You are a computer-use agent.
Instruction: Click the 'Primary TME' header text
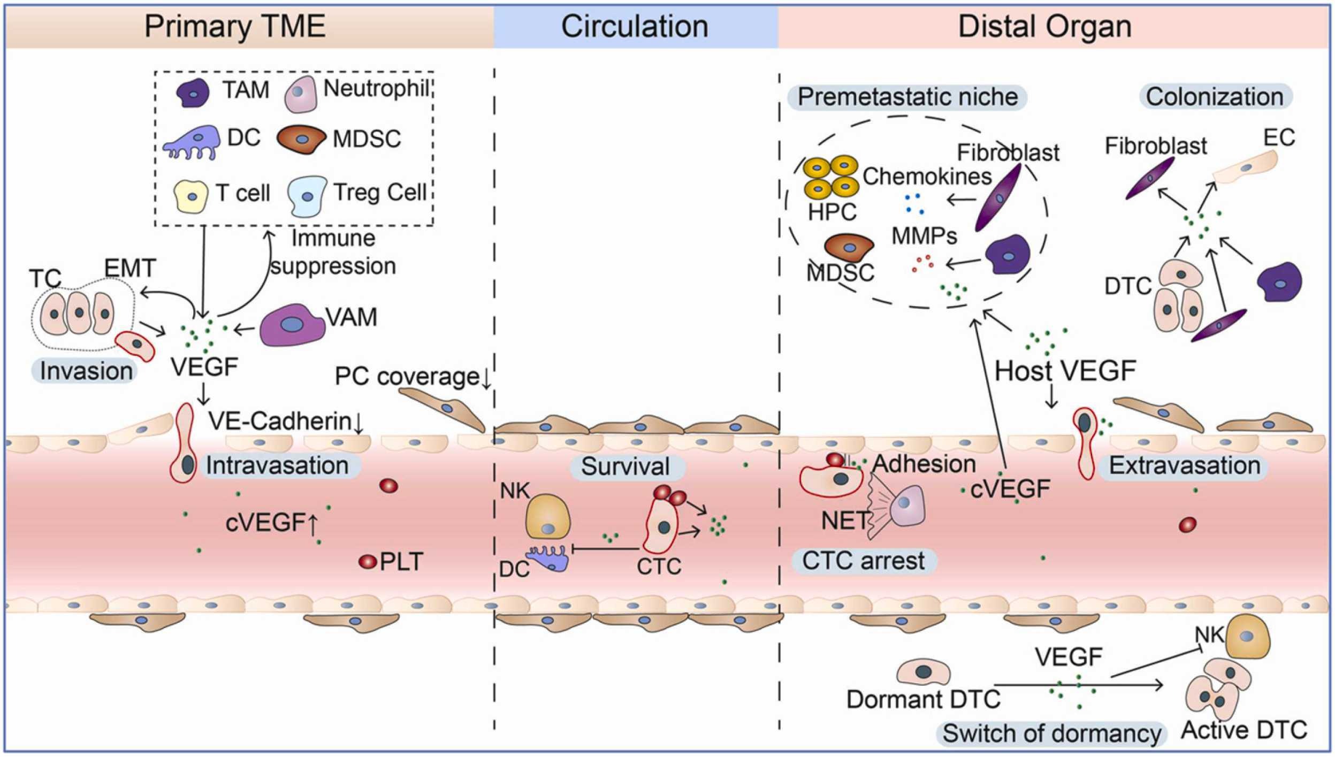(x=235, y=26)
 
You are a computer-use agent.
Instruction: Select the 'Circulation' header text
(x=635, y=26)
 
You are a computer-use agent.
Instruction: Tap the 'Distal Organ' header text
(x=1044, y=26)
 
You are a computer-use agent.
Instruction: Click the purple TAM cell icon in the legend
(x=193, y=93)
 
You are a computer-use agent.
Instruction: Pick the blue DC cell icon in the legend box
(x=193, y=143)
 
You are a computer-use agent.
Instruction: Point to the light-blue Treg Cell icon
(x=307, y=196)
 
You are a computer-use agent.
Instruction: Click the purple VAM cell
(x=292, y=324)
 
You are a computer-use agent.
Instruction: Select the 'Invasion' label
(x=86, y=371)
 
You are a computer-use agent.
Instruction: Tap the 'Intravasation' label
(x=277, y=465)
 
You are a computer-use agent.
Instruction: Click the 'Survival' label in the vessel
(x=625, y=467)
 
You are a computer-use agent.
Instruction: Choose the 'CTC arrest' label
(x=863, y=561)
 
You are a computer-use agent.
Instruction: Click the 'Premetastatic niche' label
(x=907, y=97)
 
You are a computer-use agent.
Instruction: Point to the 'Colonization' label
(x=1215, y=97)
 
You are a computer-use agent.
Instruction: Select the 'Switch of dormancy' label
(x=1051, y=733)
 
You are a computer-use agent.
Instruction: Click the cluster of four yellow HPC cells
(x=831, y=177)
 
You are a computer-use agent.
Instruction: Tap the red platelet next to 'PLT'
(x=368, y=562)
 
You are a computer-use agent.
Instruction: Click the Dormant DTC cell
(x=924, y=672)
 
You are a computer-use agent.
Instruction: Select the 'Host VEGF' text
(x=1065, y=371)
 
